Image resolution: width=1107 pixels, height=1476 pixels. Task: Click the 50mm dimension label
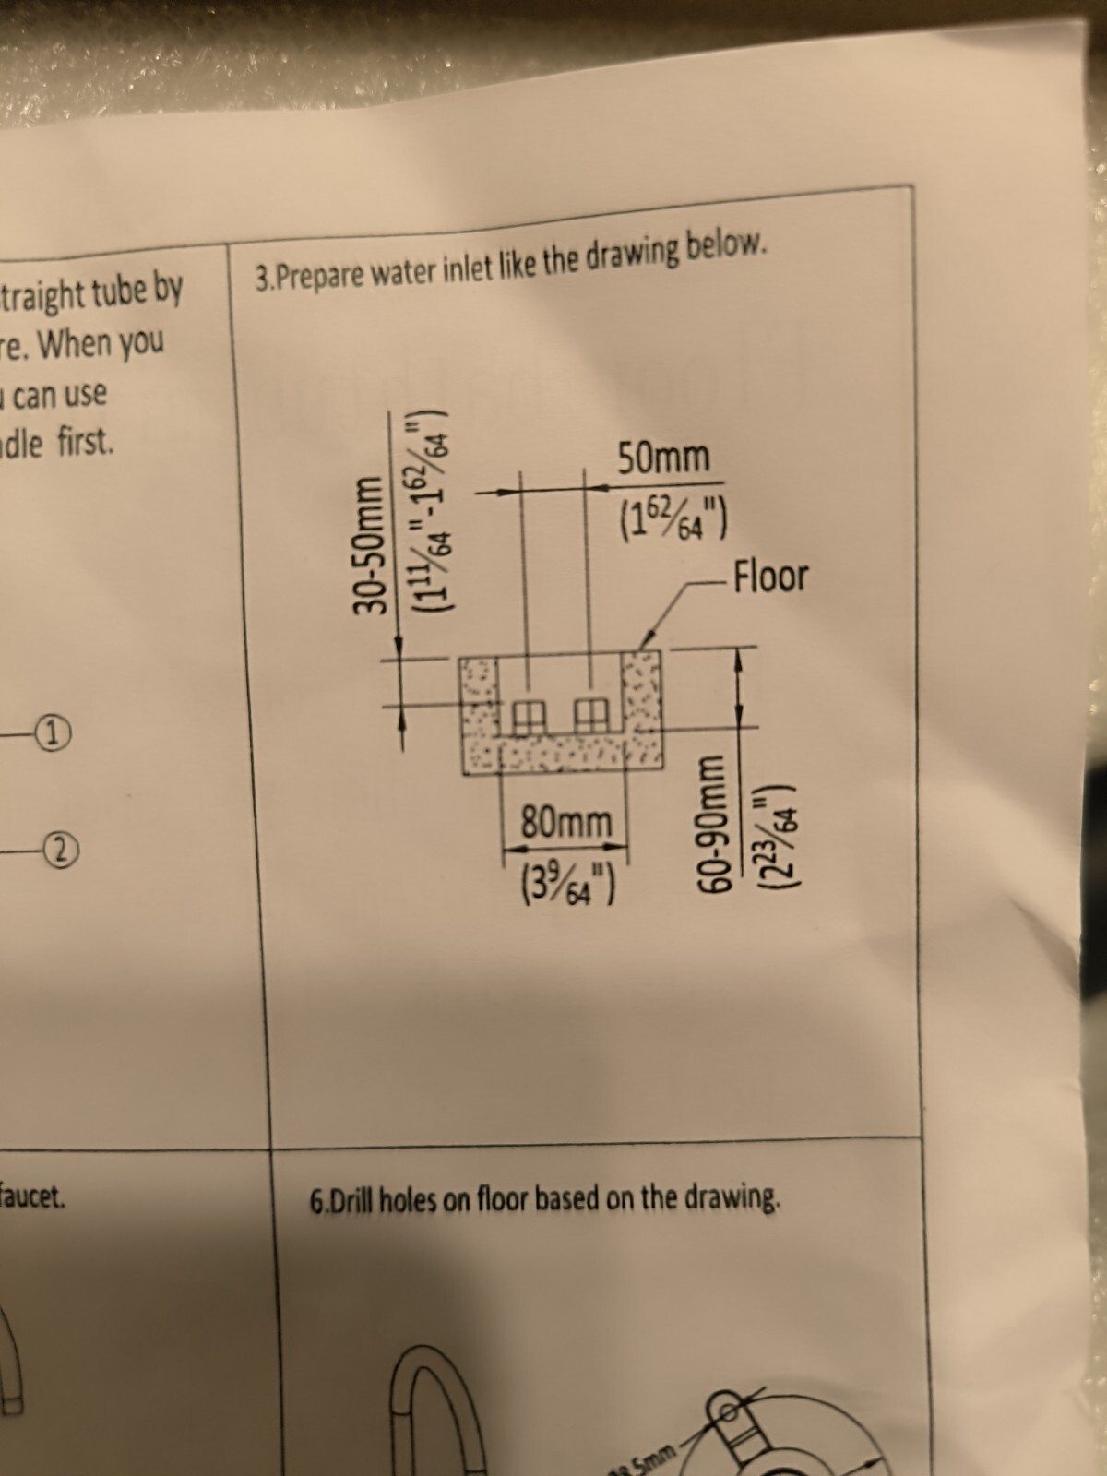pos(663,458)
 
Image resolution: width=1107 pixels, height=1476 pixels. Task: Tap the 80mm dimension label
pos(565,821)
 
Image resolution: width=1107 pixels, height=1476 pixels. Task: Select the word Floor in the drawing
pos(770,577)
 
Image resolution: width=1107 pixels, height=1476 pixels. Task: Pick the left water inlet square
pos(528,714)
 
